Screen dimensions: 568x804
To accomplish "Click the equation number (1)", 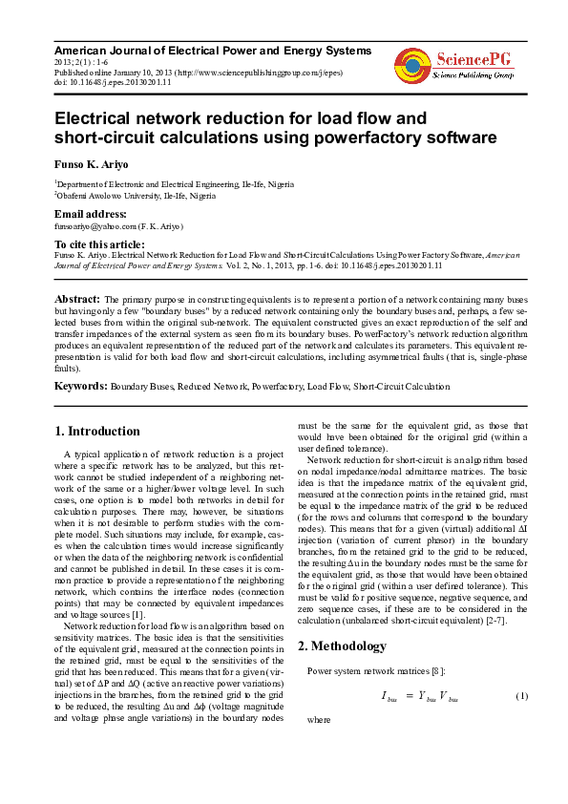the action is pos(522,696).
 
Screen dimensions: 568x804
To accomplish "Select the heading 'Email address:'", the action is pos(91,214).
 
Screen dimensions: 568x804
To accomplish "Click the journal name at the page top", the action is pos(212,50).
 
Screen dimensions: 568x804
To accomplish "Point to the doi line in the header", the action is pos(114,82).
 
